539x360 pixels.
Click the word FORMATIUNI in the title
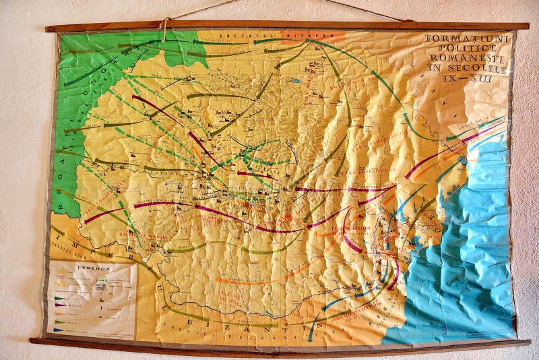point(466,38)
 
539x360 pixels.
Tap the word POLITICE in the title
point(465,50)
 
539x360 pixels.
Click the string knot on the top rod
point(164,22)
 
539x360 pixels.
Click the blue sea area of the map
point(472,270)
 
